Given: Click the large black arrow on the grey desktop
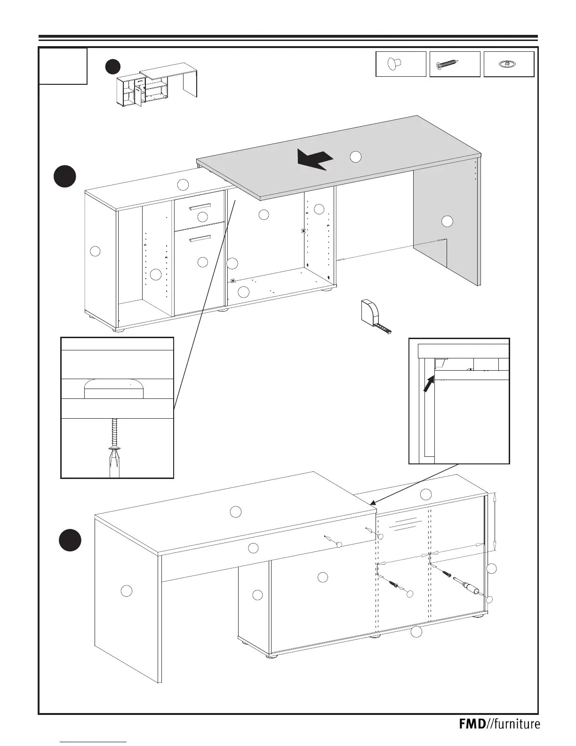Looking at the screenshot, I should (314, 159).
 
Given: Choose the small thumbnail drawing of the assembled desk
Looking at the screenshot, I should (156, 86).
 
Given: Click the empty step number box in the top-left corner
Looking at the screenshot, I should (63, 66).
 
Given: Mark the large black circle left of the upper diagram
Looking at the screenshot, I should (64, 176).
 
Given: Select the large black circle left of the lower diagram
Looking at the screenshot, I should (71, 540).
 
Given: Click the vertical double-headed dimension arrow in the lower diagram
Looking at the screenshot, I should (494, 522).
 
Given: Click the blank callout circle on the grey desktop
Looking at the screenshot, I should (356, 157).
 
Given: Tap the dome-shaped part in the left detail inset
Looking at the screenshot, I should (113, 389).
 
